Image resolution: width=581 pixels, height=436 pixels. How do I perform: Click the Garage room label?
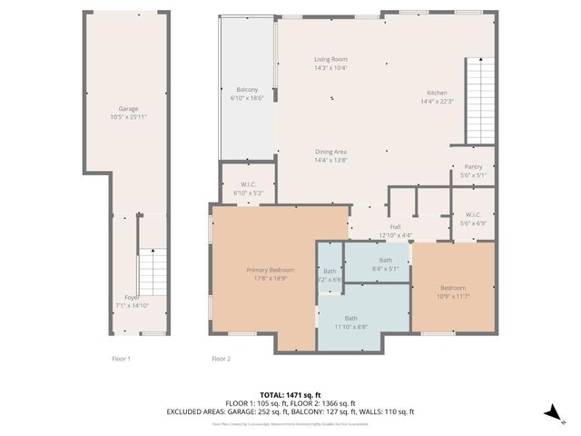point(127,109)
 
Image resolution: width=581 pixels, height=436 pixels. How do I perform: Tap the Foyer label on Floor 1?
point(132,297)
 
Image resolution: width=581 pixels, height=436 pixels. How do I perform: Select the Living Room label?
point(330,59)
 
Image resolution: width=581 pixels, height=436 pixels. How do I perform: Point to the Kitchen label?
point(437,93)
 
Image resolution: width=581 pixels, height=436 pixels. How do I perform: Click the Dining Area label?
point(330,152)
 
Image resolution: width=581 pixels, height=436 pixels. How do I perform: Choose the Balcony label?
point(247,89)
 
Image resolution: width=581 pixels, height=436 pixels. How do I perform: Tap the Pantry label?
point(472,167)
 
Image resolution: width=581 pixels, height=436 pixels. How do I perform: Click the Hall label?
point(395,226)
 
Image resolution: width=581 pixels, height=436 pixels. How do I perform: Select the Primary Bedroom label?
point(269,270)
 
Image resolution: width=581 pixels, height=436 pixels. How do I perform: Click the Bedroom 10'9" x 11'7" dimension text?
point(454,296)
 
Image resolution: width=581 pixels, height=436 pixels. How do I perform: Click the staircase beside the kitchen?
point(480,100)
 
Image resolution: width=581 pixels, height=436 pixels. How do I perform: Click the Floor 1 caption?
point(121,359)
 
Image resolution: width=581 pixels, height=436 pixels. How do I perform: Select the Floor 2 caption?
point(221,359)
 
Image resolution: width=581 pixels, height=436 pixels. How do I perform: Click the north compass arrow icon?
point(551,412)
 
